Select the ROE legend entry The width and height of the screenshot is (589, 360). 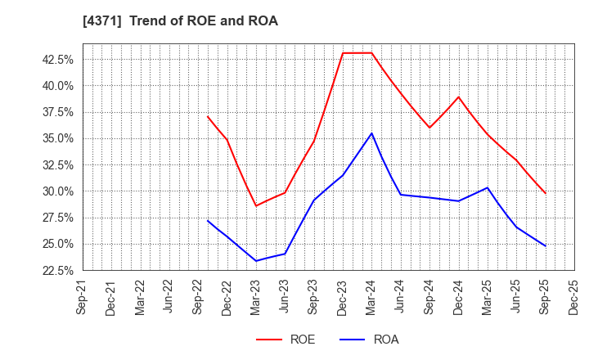tap(285, 340)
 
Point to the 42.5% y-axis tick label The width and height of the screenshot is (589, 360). tap(57, 59)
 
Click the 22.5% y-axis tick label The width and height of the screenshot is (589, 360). tap(57, 271)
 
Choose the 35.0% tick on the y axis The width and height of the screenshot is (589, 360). tap(57, 138)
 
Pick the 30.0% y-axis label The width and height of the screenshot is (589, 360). tap(57, 191)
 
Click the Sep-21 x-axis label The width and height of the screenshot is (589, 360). tap(83, 296)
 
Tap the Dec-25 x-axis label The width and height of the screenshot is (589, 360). tap(573, 296)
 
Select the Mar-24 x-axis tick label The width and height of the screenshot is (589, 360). tap(371, 296)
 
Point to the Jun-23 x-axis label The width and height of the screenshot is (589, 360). tap(285, 296)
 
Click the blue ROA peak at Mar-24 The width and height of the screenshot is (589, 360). tap(371, 133)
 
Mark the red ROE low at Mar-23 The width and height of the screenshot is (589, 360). tap(256, 205)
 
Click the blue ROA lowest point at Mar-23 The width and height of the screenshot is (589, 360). tap(256, 261)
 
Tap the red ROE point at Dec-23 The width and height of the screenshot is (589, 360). tap(343, 53)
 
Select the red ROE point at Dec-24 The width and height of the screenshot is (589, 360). tap(458, 97)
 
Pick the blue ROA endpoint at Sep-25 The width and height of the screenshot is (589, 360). tap(545, 245)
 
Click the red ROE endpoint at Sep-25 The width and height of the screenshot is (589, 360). tap(545, 193)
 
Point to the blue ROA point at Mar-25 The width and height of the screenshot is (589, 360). tap(487, 187)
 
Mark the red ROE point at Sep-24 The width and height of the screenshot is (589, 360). tap(429, 128)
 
